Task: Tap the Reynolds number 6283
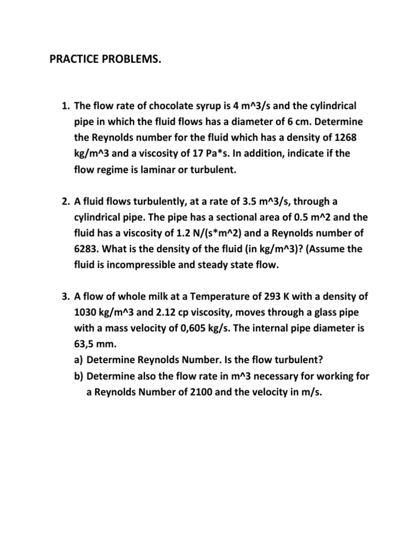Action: click(86, 250)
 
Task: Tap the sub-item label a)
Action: click(79, 361)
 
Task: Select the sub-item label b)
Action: click(79, 377)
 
